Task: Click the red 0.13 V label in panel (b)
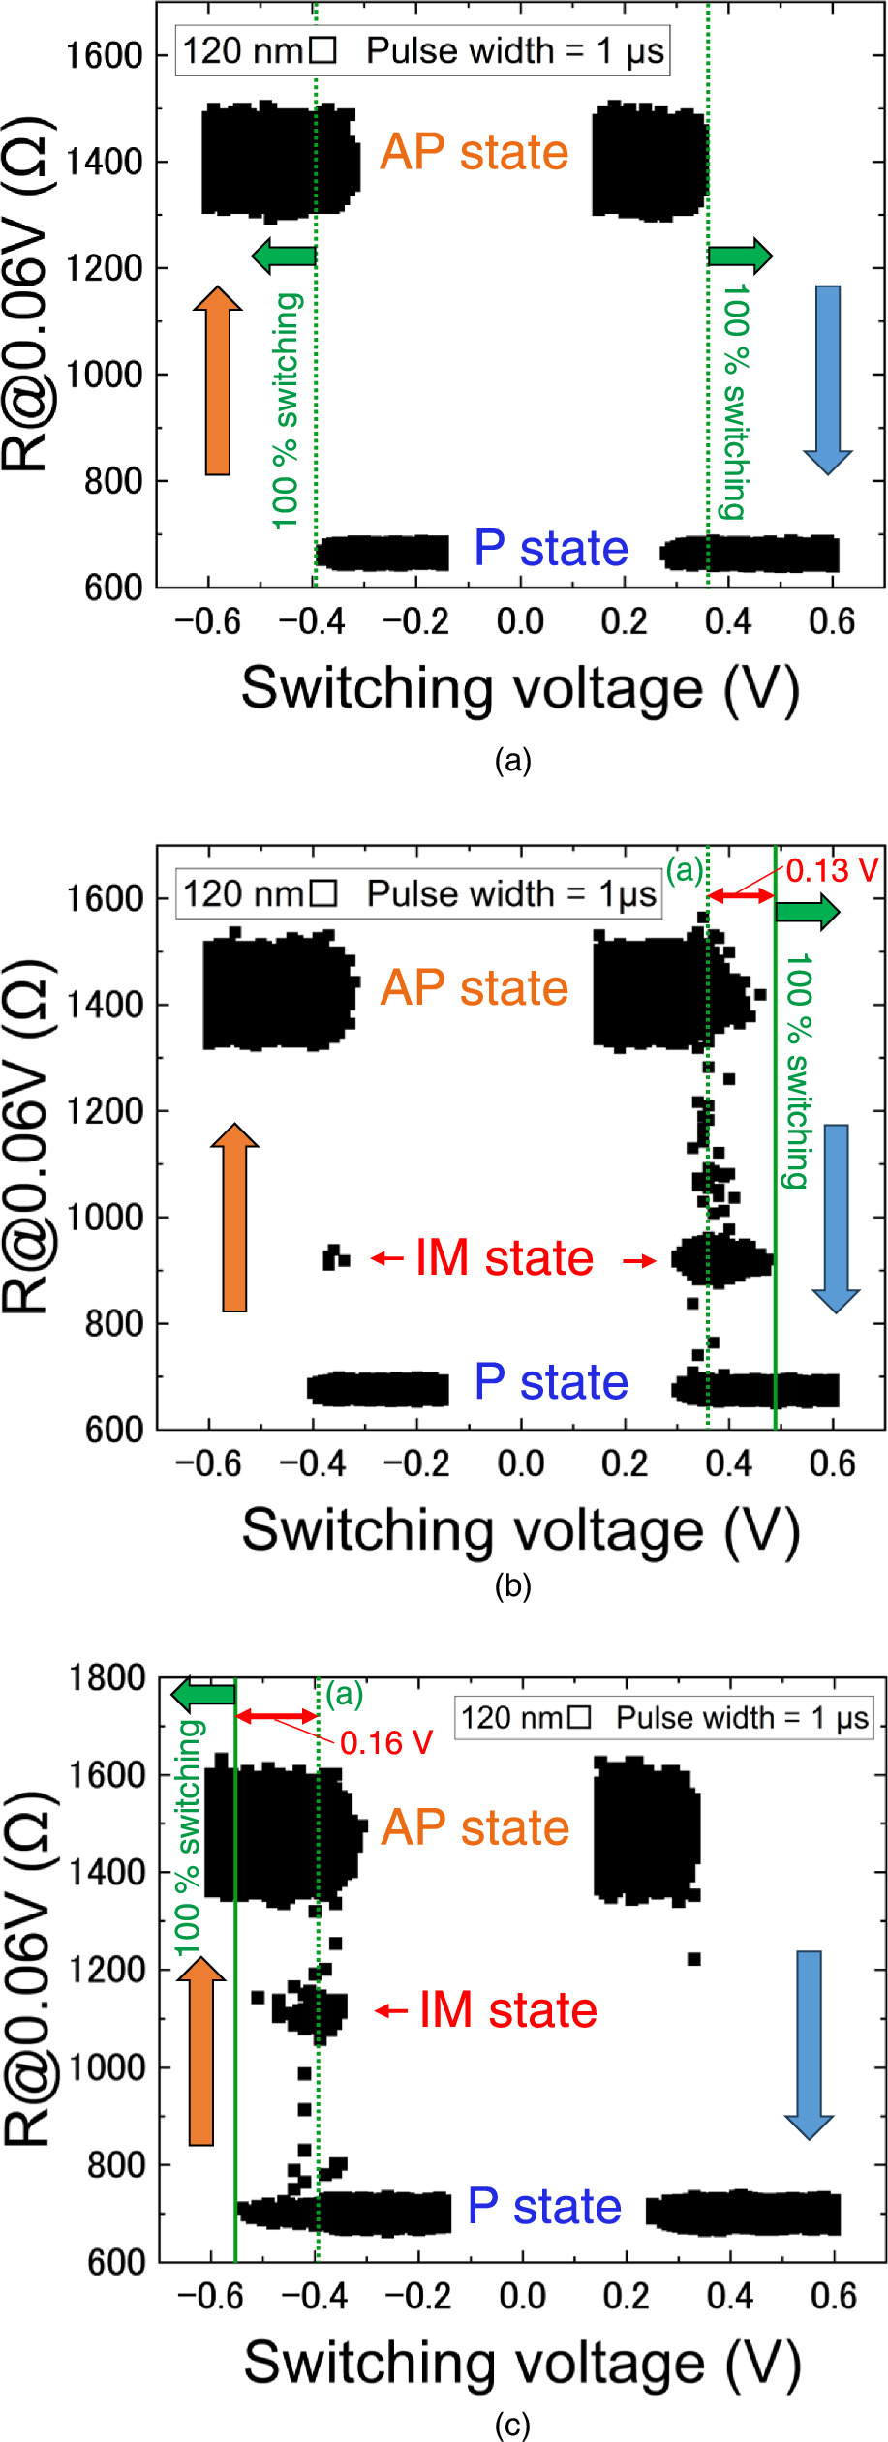[x=832, y=871]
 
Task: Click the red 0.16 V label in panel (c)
[x=386, y=1743]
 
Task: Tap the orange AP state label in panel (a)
[x=474, y=153]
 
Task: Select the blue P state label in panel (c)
[x=544, y=2207]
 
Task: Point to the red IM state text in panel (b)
[x=504, y=1258]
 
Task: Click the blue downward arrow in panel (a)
[x=828, y=378]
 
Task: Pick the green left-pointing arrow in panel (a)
[x=284, y=256]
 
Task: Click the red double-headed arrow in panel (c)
[x=277, y=1716]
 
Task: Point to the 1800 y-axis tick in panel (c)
[x=107, y=1678]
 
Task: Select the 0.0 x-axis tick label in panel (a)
[x=520, y=621]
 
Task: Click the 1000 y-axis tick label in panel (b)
[x=106, y=1218]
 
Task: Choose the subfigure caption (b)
[x=512, y=1586]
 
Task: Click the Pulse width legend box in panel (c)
[x=664, y=1718]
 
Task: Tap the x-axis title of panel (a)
[x=520, y=689]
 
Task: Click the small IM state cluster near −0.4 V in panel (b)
[x=336, y=1257]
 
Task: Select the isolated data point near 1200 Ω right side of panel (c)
[x=693, y=1960]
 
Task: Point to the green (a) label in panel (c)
[x=344, y=1695]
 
